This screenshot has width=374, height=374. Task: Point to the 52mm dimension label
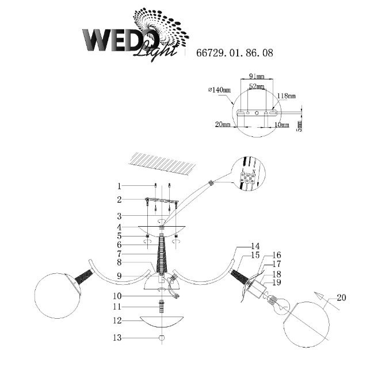tap(256, 86)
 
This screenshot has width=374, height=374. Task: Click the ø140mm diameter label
tap(219, 90)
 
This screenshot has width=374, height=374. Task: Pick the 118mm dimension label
tap(287, 96)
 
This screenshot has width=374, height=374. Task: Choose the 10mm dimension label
tap(281, 124)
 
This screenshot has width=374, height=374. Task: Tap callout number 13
tap(119, 338)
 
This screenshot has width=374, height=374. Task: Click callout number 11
tap(119, 307)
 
